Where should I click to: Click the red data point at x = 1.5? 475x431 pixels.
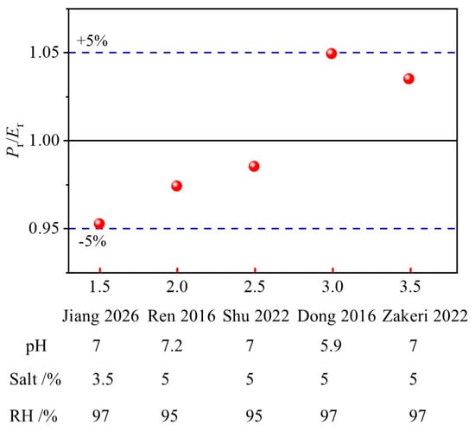tap(99, 224)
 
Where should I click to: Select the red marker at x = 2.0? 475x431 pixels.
tap(176, 186)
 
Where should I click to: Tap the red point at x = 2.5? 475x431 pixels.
tap(254, 166)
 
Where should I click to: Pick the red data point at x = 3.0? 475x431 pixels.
tap(332, 54)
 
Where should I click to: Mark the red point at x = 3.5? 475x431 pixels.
tap(408, 79)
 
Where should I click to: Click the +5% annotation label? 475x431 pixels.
tap(92, 41)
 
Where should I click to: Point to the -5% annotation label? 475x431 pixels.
tap(92, 241)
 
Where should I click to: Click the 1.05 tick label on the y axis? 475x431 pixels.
tap(44, 53)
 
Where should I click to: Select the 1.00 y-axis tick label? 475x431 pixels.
tap(44, 141)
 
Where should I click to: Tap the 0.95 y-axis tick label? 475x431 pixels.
tap(44, 228)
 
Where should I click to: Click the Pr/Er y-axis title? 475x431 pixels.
tap(15, 141)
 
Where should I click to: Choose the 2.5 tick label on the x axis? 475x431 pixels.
tap(255, 287)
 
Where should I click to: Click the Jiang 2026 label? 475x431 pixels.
tap(100, 316)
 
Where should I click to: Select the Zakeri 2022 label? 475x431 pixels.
tap(425, 316)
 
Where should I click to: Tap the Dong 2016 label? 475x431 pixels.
tap(337, 316)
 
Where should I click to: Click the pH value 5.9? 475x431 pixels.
tap(331, 345)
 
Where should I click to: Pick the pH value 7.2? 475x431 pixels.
tap(172, 345)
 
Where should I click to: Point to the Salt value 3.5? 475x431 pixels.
tap(103, 379)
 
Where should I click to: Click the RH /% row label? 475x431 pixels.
tap(34, 415)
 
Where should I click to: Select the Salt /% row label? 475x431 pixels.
tap(35, 379)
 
